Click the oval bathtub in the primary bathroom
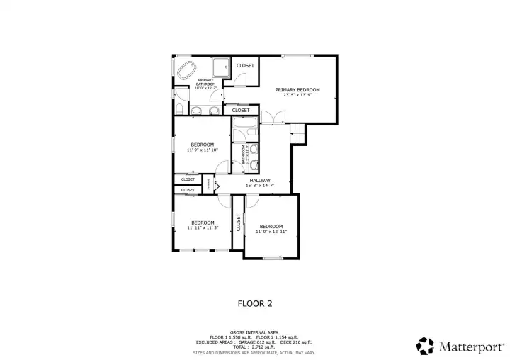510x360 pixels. pos(187,71)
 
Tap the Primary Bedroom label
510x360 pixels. pos(297,89)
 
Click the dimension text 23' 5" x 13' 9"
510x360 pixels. pos(297,95)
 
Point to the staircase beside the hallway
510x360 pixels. pos(298,133)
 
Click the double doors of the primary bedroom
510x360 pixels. pos(268,118)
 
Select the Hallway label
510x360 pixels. pos(261,180)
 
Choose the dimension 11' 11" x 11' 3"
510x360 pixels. pos(203,228)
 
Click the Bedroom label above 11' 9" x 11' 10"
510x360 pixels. pos(202,145)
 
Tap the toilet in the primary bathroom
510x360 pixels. pos(180,108)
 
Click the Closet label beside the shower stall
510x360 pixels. pos(245,66)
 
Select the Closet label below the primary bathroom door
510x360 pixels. pos(240,110)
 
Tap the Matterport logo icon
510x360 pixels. pos(425,345)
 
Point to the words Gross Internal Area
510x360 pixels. pos(254,332)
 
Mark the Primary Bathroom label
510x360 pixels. pos(205,82)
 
